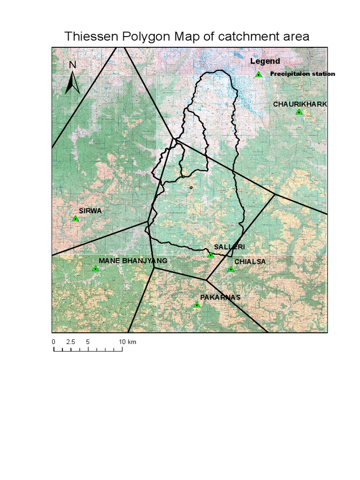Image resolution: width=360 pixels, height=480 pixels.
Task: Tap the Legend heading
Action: click(x=265, y=61)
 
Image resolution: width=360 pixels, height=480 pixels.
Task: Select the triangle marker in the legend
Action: click(x=258, y=74)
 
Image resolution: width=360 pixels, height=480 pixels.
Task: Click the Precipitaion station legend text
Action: click(x=302, y=74)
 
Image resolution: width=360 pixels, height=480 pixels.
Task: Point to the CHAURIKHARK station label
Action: click(x=300, y=104)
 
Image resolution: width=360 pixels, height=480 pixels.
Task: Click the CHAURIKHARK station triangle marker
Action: click(x=299, y=112)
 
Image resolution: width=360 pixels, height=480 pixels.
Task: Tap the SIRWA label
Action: click(x=90, y=211)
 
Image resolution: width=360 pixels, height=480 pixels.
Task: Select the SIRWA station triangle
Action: click(x=75, y=218)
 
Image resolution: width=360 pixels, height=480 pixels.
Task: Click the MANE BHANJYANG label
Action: click(x=133, y=261)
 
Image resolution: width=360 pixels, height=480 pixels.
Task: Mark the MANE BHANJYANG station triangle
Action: click(x=96, y=269)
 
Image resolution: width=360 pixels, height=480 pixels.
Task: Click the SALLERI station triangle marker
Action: click(x=211, y=255)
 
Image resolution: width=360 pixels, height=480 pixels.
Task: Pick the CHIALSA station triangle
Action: click(x=231, y=269)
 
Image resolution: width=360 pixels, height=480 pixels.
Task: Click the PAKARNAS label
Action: click(x=220, y=297)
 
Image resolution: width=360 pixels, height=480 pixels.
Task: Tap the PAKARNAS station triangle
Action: click(x=197, y=305)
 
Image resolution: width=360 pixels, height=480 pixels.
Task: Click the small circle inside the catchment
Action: click(x=191, y=187)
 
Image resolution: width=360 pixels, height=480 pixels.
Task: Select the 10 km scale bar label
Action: click(x=127, y=342)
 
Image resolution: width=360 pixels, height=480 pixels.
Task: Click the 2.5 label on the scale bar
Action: click(x=71, y=342)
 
